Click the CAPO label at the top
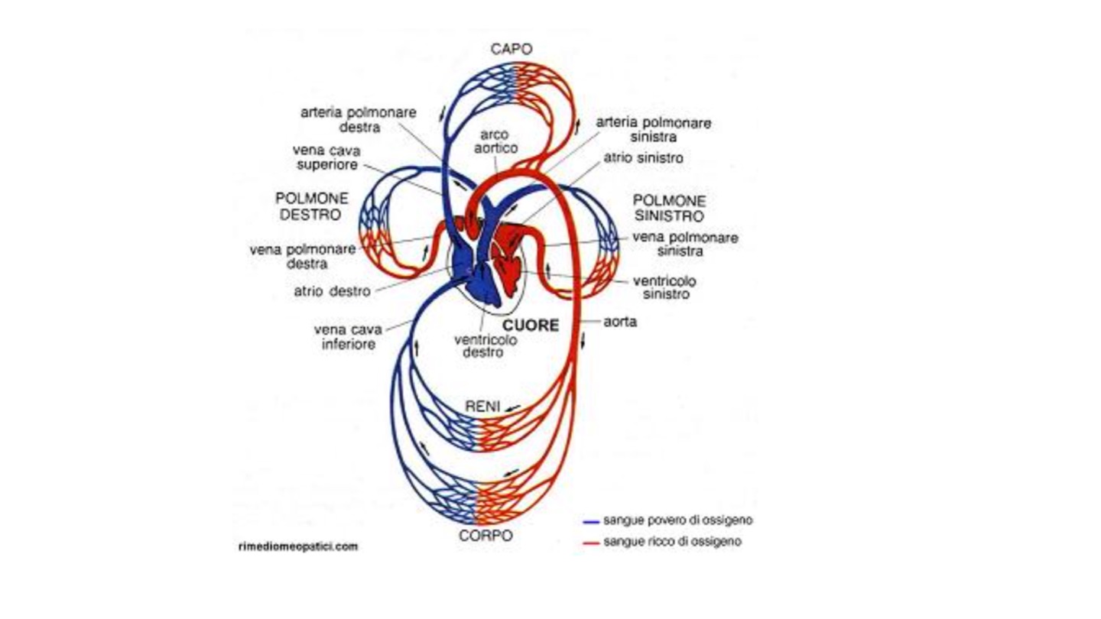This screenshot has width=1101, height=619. click(x=512, y=49)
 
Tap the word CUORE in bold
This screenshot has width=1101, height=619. click(x=531, y=326)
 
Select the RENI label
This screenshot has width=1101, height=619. click(x=482, y=407)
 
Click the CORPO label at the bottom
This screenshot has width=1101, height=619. click(x=486, y=536)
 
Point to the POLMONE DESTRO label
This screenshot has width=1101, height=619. click(x=313, y=206)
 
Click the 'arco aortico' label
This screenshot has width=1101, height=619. click(x=495, y=141)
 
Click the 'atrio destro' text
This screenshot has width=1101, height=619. click(x=332, y=291)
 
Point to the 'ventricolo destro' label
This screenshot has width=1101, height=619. click(x=483, y=346)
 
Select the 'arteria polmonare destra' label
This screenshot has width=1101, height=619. click(x=358, y=119)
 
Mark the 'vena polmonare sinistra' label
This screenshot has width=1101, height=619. click(x=684, y=244)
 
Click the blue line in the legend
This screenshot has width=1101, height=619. click(x=590, y=521)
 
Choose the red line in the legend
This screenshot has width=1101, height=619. click(x=590, y=543)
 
